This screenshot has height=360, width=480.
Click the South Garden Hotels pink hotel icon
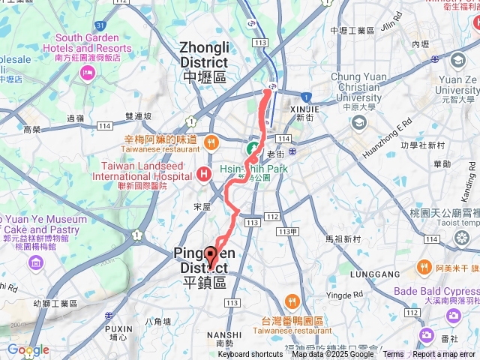[x=88, y=73]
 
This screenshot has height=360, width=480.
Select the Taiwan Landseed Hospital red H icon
[x=202, y=174]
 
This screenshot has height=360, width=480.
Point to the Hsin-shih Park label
[x=254, y=169]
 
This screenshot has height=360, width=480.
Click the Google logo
[x=28, y=349]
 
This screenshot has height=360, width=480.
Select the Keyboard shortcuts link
[x=250, y=355]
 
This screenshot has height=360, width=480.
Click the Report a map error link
[x=445, y=355]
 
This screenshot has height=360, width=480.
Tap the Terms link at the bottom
[x=393, y=355]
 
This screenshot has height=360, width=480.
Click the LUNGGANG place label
[x=365, y=275]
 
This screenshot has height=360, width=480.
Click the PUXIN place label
[x=118, y=328]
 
